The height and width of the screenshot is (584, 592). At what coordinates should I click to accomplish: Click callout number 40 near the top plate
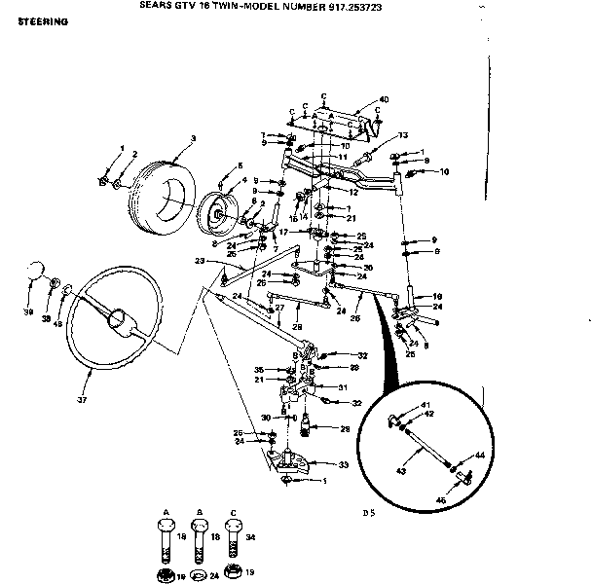384,99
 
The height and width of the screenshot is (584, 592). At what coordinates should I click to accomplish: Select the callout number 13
403,134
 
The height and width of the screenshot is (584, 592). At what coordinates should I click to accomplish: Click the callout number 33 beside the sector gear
344,464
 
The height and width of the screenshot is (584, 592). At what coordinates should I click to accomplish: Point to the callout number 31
342,385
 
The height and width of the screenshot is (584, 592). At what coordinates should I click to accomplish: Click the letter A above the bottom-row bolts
166,510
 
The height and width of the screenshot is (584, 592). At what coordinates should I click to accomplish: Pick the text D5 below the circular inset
367,512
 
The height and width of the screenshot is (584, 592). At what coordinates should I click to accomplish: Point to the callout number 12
353,192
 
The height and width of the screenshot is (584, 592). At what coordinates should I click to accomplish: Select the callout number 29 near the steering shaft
344,429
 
